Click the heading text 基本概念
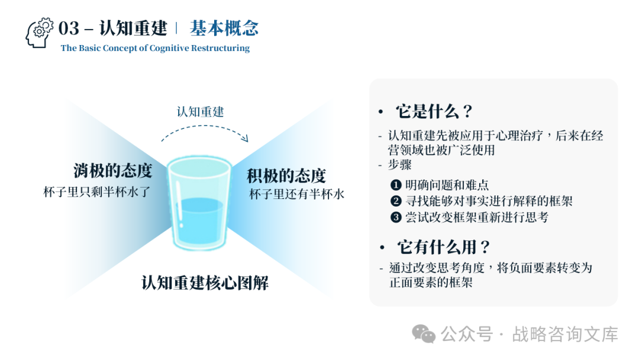tap(224, 28)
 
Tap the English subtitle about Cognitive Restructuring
tap(155, 48)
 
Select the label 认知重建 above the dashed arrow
tap(200, 111)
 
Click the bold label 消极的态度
tap(113, 171)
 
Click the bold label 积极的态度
tap(286, 175)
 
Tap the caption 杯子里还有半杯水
tap(296, 194)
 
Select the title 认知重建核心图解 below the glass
tap(205, 282)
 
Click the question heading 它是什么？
tap(434, 111)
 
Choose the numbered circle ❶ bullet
tap(396, 185)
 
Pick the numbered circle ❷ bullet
tap(396, 201)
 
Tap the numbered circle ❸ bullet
tap(396, 217)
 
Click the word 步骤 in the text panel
tap(399, 165)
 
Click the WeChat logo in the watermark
tap(424, 333)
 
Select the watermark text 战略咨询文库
tap(564, 334)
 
